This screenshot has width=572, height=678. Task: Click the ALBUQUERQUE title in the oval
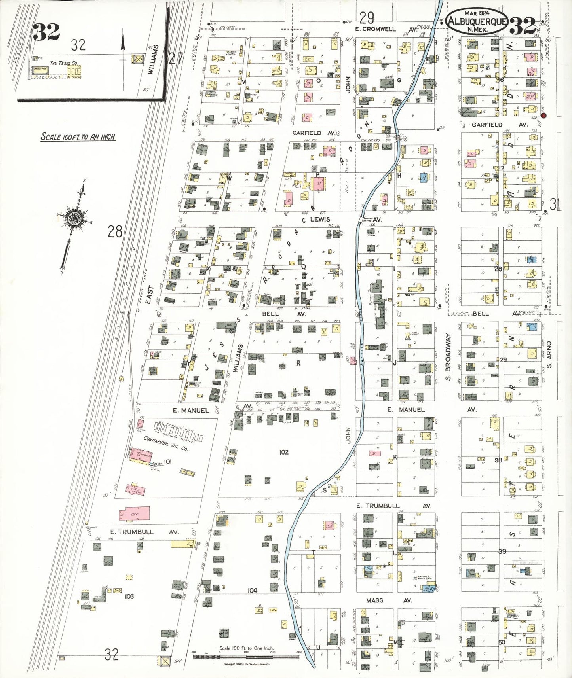(x=477, y=21)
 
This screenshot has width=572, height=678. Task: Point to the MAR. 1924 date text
(x=477, y=13)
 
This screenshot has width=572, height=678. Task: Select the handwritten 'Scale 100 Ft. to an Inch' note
(x=78, y=137)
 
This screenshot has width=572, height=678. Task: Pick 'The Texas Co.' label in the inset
(x=63, y=63)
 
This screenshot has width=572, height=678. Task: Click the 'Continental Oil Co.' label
(x=165, y=444)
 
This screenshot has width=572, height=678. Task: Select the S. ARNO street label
(x=549, y=355)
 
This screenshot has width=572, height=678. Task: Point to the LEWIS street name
(x=320, y=219)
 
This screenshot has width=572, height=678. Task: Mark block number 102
(x=284, y=452)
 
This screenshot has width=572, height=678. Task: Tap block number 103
(x=129, y=596)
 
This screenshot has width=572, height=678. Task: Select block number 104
(x=252, y=590)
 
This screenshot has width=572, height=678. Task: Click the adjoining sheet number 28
(x=115, y=231)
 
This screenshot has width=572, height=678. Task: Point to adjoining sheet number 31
(x=555, y=205)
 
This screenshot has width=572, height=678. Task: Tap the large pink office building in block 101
(x=135, y=513)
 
